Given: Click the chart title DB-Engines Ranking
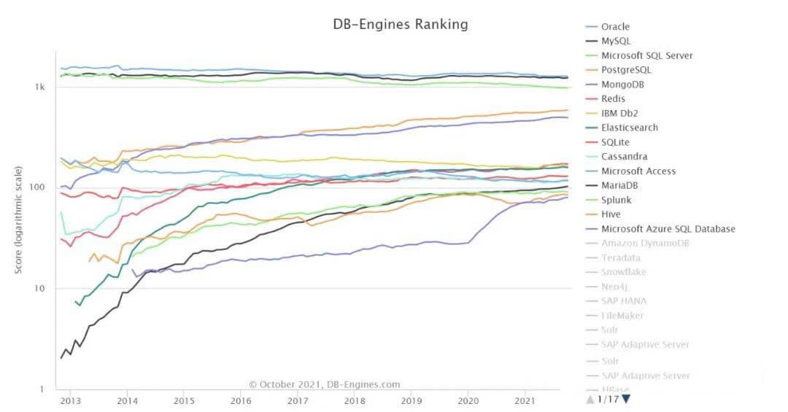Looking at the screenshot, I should (401, 24).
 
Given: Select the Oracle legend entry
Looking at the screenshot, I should (615, 27).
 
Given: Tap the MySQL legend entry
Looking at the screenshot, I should (616, 42).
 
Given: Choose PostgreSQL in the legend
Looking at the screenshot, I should (626, 70).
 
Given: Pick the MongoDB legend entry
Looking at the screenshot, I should (622, 85).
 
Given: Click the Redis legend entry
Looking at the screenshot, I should (613, 99).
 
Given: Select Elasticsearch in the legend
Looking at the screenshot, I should (629, 128).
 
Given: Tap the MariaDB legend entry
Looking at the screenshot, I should (621, 185).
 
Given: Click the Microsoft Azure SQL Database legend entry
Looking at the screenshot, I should (668, 229).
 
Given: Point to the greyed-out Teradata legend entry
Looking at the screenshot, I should (621, 257).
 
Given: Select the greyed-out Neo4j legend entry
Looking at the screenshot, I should (614, 287).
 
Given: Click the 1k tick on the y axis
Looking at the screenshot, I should (40, 87).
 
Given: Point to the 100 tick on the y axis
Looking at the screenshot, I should (39, 187).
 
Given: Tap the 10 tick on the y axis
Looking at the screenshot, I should (41, 289).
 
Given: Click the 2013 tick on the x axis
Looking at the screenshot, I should (71, 401).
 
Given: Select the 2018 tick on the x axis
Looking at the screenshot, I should (355, 401).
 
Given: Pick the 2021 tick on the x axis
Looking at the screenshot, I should (525, 401).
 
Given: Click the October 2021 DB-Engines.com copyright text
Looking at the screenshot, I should (324, 384).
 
